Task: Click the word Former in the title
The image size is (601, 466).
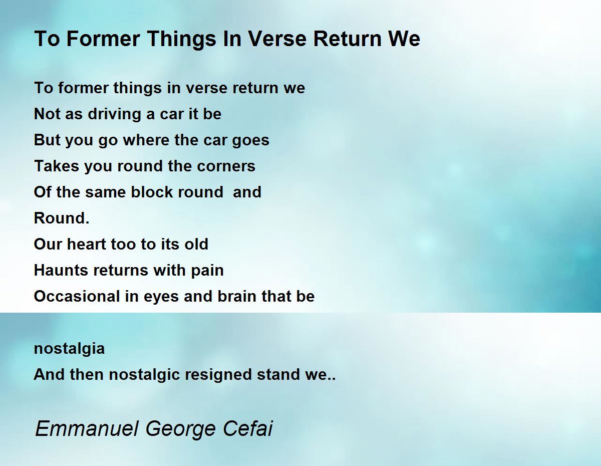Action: point(103,39)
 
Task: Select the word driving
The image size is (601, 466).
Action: point(115,114)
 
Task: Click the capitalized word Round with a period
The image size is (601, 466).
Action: point(62,218)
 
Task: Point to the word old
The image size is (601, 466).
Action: point(196,244)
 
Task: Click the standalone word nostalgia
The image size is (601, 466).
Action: point(69,349)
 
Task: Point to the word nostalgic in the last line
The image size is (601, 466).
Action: point(144,375)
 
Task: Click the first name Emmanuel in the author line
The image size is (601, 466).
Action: point(87,428)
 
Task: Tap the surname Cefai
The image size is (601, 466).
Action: point(248,428)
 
